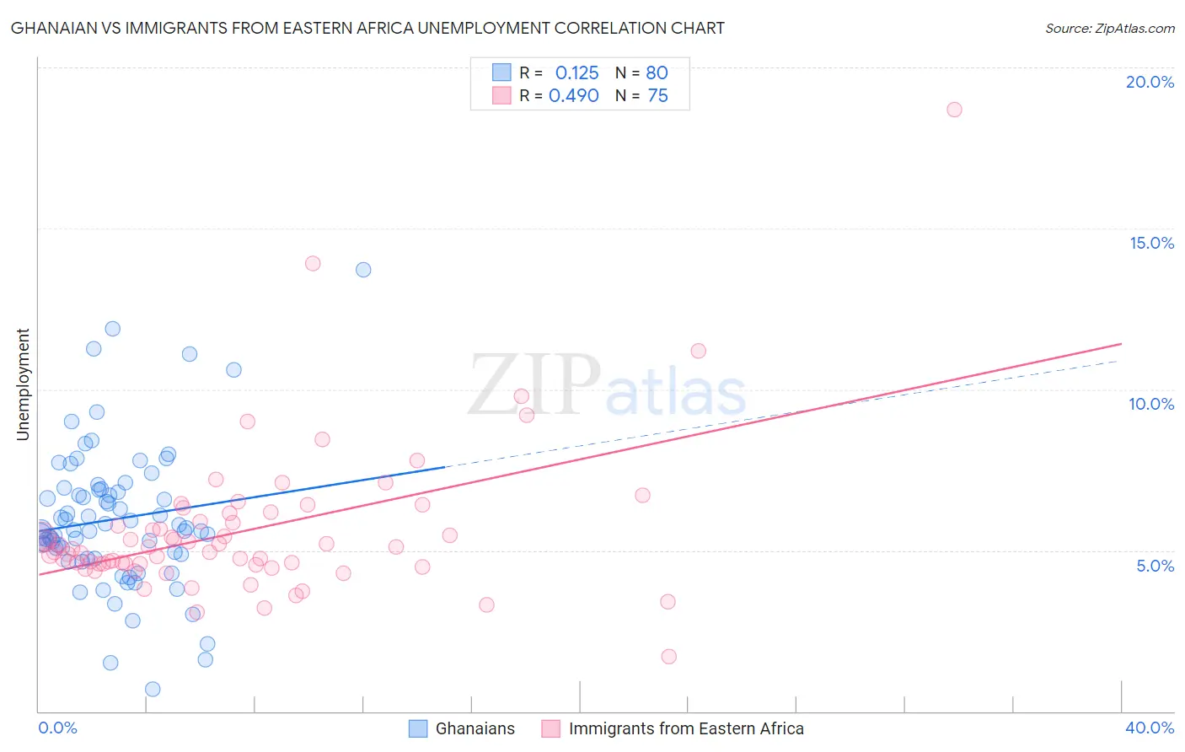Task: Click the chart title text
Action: click(x=367, y=29)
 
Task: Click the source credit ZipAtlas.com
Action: click(x=1109, y=29)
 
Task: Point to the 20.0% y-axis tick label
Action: click(x=1150, y=82)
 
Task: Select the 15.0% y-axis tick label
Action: click(x=1151, y=243)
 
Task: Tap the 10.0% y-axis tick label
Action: click(x=1151, y=404)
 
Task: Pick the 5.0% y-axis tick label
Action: click(x=1155, y=566)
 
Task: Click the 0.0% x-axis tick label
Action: click(x=57, y=728)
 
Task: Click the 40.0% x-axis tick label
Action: click(x=1149, y=728)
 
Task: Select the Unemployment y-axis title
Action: click(x=24, y=384)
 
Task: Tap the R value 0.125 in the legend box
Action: click(x=576, y=73)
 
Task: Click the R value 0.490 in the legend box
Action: click(x=573, y=96)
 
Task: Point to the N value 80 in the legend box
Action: click(x=657, y=73)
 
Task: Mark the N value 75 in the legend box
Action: click(x=657, y=96)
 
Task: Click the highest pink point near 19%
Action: click(x=954, y=110)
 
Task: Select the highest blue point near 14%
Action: click(x=363, y=270)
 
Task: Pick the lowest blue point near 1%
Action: click(x=153, y=689)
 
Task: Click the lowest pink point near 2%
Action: click(x=669, y=657)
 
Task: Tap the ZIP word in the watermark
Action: click(x=534, y=385)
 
